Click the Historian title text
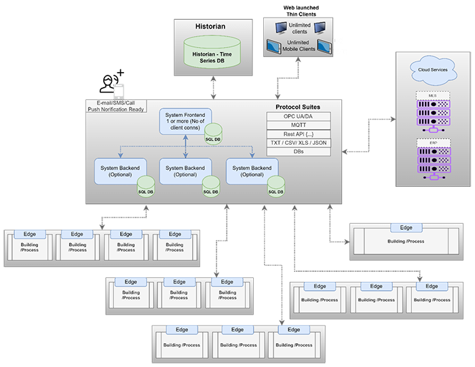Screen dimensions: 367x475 pos(210,26)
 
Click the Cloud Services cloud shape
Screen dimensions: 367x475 pos(432,69)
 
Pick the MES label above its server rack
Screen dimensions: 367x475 pos(432,95)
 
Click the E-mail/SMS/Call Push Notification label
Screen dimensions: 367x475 pos(116,105)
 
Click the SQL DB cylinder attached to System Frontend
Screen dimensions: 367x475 pos(214,130)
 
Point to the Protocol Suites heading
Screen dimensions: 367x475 pos(297,107)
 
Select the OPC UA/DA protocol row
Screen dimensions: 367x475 pos(299,116)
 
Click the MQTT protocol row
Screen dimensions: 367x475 pos(299,125)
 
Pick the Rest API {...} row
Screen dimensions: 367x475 pos(299,134)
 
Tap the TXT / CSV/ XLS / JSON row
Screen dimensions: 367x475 pos(299,143)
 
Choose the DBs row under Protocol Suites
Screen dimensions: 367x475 pos(299,152)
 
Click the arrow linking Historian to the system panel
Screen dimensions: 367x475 pos(210,88)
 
